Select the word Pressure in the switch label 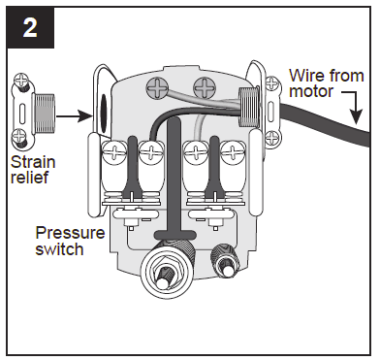(68, 233)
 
